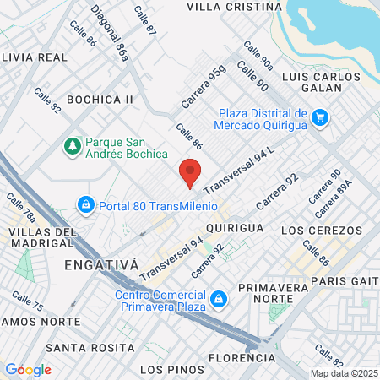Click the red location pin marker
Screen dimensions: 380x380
click(190, 173)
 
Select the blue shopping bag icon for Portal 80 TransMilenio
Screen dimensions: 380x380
click(85, 204)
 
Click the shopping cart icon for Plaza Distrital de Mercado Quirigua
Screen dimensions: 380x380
click(318, 117)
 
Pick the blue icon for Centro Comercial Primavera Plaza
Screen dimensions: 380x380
click(218, 298)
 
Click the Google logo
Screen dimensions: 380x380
click(28, 370)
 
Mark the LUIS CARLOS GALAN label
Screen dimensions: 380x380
click(324, 77)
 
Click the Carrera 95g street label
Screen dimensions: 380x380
click(204, 89)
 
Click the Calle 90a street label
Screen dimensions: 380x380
click(258, 57)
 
